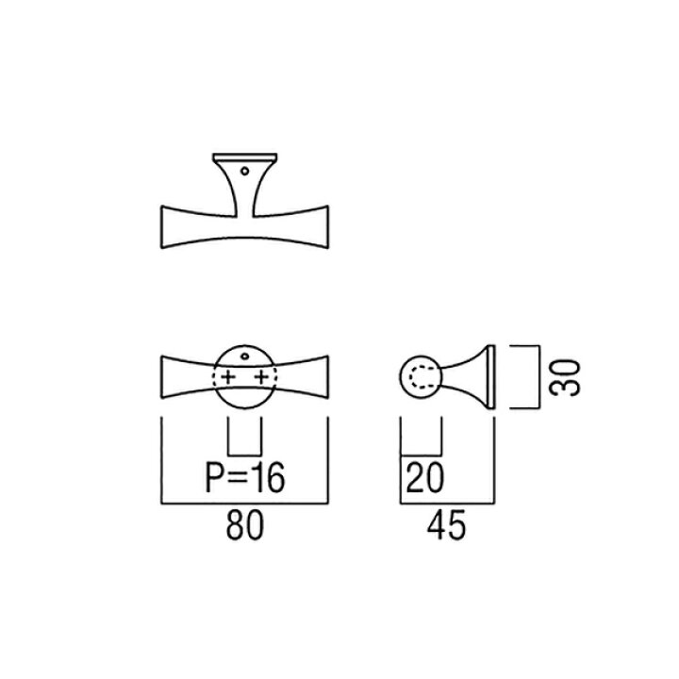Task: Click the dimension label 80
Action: point(244,525)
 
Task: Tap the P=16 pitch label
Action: point(245,478)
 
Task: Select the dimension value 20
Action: point(425,478)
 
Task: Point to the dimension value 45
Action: point(446,525)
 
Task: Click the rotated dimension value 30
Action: point(565,377)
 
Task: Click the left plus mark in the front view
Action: point(228,377)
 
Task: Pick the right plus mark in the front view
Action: point(261,377)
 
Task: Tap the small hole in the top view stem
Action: point(244,171)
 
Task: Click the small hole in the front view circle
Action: point(244,356)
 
